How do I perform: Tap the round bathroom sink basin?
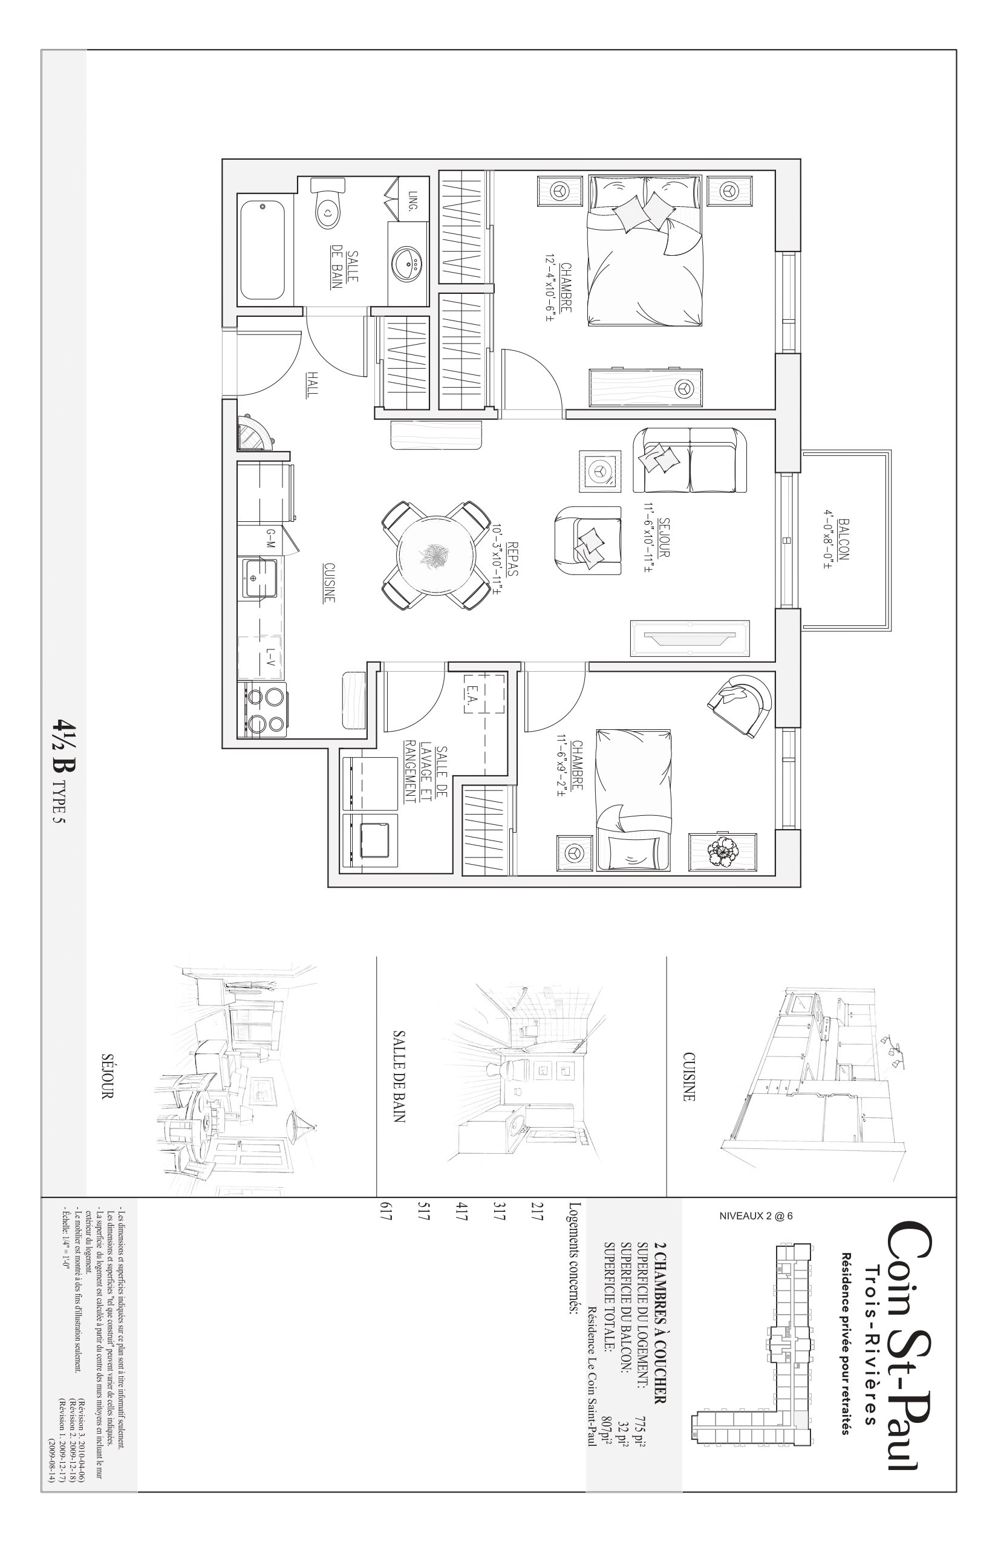408,263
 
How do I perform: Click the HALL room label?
313,384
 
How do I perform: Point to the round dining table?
436,555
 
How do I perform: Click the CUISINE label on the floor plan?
329,582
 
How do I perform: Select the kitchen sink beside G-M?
261,579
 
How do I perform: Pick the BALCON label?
843,538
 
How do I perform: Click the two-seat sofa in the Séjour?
690,461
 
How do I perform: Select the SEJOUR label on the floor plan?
664,537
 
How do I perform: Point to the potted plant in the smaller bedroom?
722,852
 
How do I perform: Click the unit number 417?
461,1218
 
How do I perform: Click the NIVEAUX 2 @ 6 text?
755,1216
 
